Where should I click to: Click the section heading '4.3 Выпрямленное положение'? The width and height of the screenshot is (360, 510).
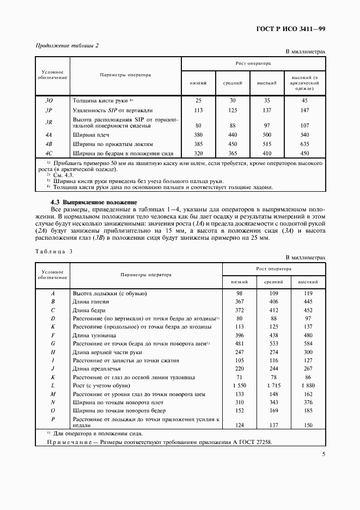pyautogui.click(x=94, y=202)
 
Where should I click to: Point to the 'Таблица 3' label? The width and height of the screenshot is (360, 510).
pyautogui.click(x=53, y=251)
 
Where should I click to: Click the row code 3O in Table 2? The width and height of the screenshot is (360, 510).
pyautogui.click(x=48, y=101)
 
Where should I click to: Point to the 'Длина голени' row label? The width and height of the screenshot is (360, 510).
pyautogui.click(x=91, y=301)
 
